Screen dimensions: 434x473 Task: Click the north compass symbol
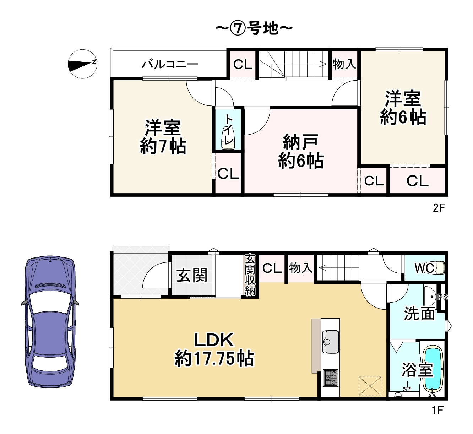coord(82,64)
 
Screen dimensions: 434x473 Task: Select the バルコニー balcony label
coord(170,64)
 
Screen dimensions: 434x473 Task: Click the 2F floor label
coord(439,207)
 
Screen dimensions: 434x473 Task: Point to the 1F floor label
coord(437,411)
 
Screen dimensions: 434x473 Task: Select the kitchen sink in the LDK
coord(331,341)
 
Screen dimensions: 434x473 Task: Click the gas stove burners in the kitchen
coord(330,378)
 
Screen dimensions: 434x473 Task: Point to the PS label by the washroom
coord(442,297)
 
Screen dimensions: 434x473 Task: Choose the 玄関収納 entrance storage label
coord(250,275)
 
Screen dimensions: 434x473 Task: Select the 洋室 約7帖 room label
coord(163,137)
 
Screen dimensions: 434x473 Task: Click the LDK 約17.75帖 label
coord(214,349)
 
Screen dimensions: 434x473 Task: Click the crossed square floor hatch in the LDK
coord(370,386)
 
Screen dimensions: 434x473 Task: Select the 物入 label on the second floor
coord(344,64)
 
